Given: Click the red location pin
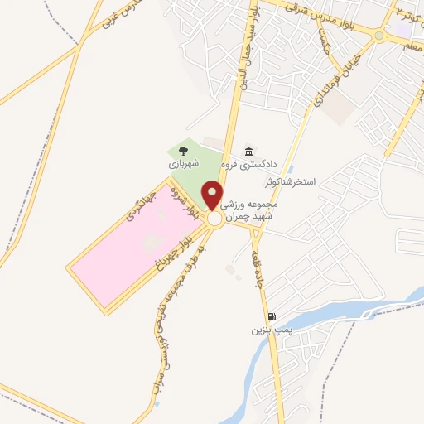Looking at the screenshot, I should [x=214, y=195].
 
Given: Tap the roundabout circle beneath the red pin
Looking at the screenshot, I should [x=214, y=219].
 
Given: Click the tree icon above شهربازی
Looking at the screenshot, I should [x=182, y=150].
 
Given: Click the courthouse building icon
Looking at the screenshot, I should [x=248, y=151].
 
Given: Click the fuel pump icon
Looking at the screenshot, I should [x=271, y=316].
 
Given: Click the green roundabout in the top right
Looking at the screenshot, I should [x=380, y=35].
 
